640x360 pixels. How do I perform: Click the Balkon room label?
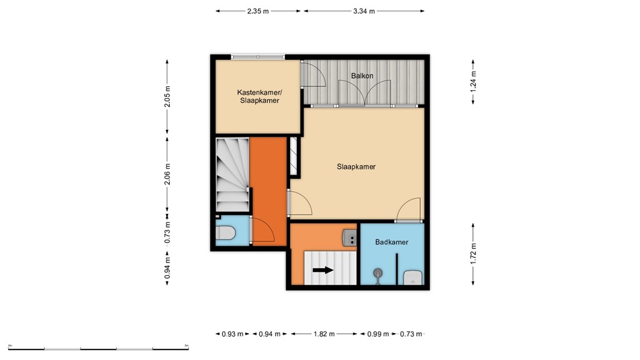362,76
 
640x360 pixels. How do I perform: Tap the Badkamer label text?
392,242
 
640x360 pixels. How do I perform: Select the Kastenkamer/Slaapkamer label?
258,96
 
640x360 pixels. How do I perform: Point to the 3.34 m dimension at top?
363,11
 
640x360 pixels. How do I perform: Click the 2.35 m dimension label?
258,11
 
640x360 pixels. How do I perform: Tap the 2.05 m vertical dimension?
167,96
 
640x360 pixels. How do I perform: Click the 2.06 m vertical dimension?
167,174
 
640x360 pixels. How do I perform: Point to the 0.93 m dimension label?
232,334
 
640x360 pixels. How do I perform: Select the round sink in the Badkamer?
378,273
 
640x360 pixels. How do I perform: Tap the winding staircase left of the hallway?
232,175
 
